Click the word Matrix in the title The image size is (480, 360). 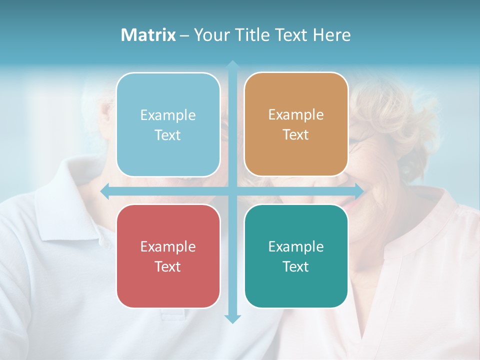(148, 35)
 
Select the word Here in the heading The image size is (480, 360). (331, 35)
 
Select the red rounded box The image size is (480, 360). (168, 290)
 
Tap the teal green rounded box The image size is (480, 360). (296, 290)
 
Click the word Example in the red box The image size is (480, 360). (168, 246)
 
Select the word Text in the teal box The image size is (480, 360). (296, 266)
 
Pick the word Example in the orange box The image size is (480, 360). (296, 114)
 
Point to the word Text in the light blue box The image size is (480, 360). (168, 135)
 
